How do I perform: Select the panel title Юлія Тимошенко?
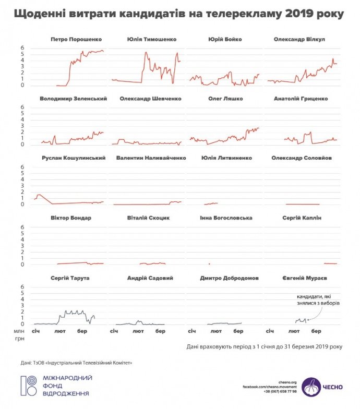coord(152,39)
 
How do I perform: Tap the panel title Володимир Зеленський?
coord(73,99)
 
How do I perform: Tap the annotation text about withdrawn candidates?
coord(312,299)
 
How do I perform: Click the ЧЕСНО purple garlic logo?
coord(311,386)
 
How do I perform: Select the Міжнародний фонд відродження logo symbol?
coord(28,385)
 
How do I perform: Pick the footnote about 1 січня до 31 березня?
coord(264,346)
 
